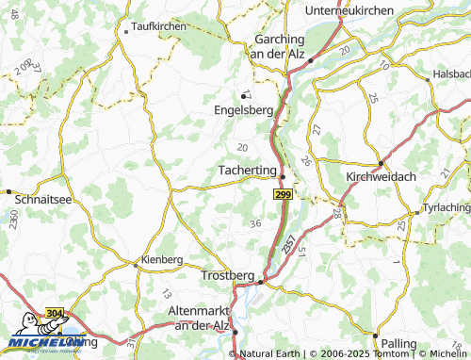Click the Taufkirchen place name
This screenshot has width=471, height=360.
[159, 27]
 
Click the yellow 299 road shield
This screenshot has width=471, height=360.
[282, 193]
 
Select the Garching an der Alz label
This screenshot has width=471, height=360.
[280, 46]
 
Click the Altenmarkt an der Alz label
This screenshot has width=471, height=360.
[199, 317]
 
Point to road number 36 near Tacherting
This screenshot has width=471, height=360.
[255, 223]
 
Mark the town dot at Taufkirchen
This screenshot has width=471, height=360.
[125, 31]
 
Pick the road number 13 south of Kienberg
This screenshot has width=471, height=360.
[166, 293]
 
